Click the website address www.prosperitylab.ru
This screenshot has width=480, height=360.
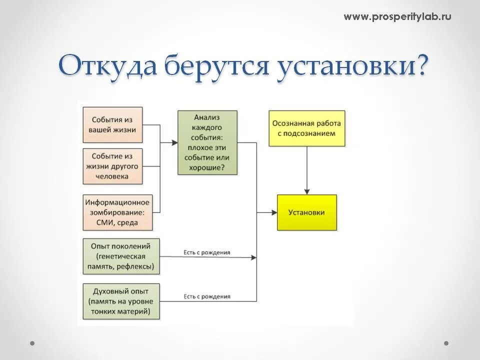(x=397, y=17)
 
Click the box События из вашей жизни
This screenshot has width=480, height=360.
(x=112, y=124)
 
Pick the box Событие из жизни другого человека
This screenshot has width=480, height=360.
(x=112, y=166)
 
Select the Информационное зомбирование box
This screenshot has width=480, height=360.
(x=117, y=212)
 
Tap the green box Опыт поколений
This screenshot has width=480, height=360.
(x=121, y=256)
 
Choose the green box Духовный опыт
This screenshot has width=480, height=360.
(x=121, y=301)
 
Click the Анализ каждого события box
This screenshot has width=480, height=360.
(x=207, y=142)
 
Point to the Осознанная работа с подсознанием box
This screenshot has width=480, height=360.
(x=306, y=128)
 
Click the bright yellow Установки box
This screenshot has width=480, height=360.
(x=306, y=212)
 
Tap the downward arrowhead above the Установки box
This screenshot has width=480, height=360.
(x=307, y=191)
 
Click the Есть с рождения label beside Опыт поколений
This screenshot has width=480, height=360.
(x=206, y=252)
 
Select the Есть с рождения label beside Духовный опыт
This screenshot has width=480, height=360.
(x=206, y=296)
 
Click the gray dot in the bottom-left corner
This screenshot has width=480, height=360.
(x=32, y=343)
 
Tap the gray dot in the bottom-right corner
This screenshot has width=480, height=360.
(x=446, y=343)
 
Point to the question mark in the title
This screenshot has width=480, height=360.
(x=421, y=65)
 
